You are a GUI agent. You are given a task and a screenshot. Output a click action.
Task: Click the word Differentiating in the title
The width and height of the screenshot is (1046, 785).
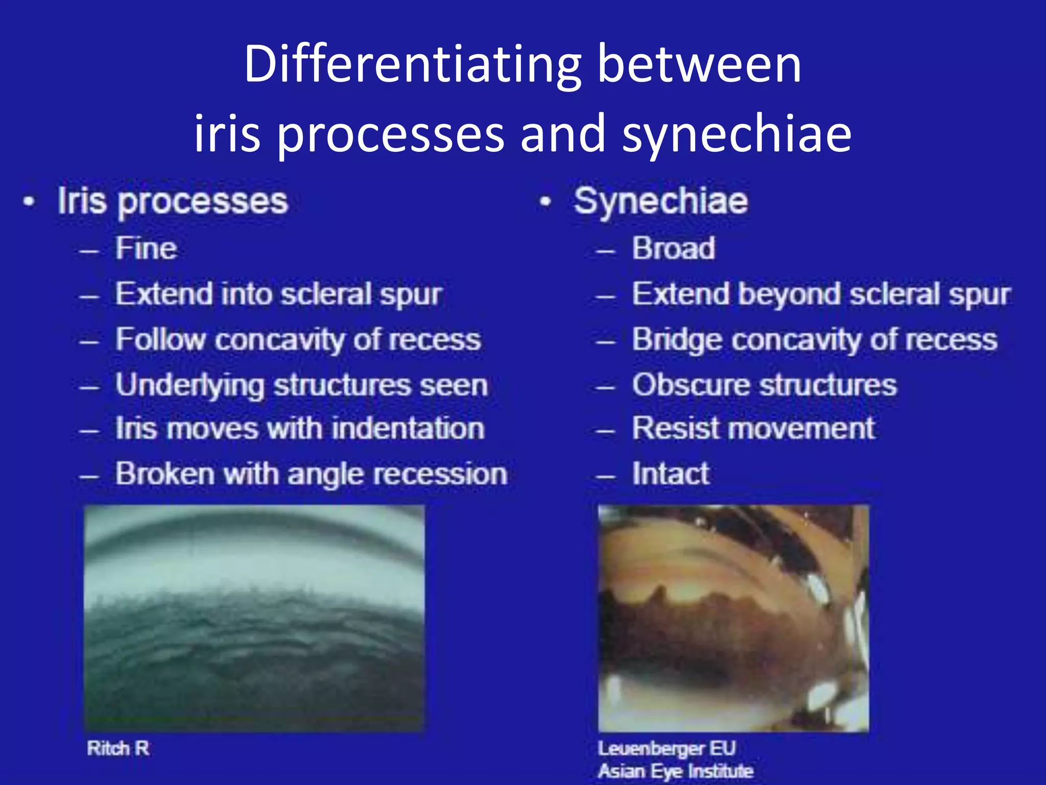coord(412,65)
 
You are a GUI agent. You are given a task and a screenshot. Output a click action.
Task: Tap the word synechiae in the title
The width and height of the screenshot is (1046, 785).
coord(736,134)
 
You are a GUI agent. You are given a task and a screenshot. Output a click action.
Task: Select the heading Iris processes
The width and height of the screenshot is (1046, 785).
coord(173,201)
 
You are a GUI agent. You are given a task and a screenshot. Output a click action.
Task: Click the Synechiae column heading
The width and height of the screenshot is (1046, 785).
coord(660,201)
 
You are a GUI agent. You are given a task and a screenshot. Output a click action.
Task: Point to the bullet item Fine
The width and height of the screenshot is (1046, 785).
coord(146,249)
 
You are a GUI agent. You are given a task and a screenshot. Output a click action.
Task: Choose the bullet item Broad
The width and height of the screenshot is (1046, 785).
coord(673,249)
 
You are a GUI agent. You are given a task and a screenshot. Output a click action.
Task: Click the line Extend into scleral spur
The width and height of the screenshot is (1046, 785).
coord(278,295)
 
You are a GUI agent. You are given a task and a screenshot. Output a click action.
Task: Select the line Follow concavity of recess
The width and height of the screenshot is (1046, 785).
coord(298,340)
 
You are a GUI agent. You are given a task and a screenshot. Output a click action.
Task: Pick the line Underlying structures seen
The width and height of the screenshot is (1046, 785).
coord(301,385)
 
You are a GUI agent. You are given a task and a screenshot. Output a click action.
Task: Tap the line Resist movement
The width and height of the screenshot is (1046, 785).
coord(753,428)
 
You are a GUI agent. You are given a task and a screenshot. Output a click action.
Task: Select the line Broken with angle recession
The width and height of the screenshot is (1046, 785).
coord(311,474)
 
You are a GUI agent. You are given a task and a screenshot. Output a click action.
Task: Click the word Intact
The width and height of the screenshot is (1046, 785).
coord(670,474)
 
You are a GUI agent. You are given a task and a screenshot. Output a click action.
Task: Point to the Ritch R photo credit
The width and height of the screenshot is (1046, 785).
coord(118,748)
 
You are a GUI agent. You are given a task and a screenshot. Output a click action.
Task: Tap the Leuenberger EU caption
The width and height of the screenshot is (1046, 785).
coord(667,748)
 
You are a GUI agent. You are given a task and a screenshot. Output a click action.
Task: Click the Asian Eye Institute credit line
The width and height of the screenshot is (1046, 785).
coord(675,771)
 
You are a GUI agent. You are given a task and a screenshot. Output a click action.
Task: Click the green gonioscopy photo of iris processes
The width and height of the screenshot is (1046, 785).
coord(254,618)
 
